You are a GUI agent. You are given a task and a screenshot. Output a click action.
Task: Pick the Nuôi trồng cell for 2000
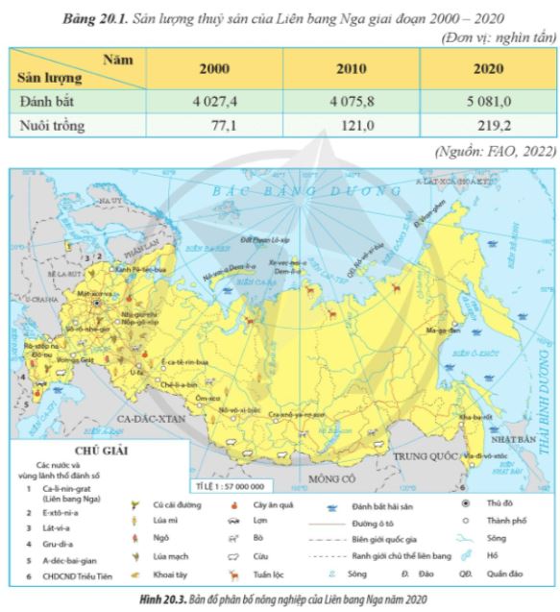[x=216, y=125]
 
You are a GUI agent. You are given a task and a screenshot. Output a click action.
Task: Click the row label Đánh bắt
[x=50, y=99]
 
